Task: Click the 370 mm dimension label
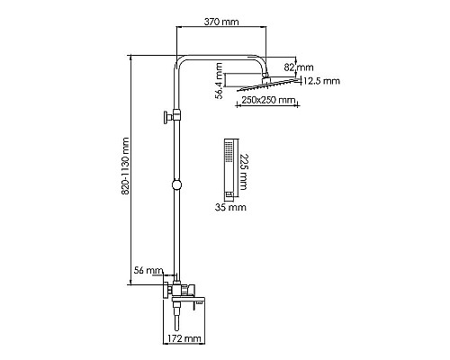221,22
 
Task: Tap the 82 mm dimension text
299,67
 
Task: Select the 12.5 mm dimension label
321,81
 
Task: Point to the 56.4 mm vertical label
220,80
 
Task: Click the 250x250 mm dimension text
268,100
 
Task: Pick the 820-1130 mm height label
125,166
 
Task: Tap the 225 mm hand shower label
244,172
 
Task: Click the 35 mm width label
230,207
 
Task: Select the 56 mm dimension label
148,270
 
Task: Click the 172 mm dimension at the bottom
184,338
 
